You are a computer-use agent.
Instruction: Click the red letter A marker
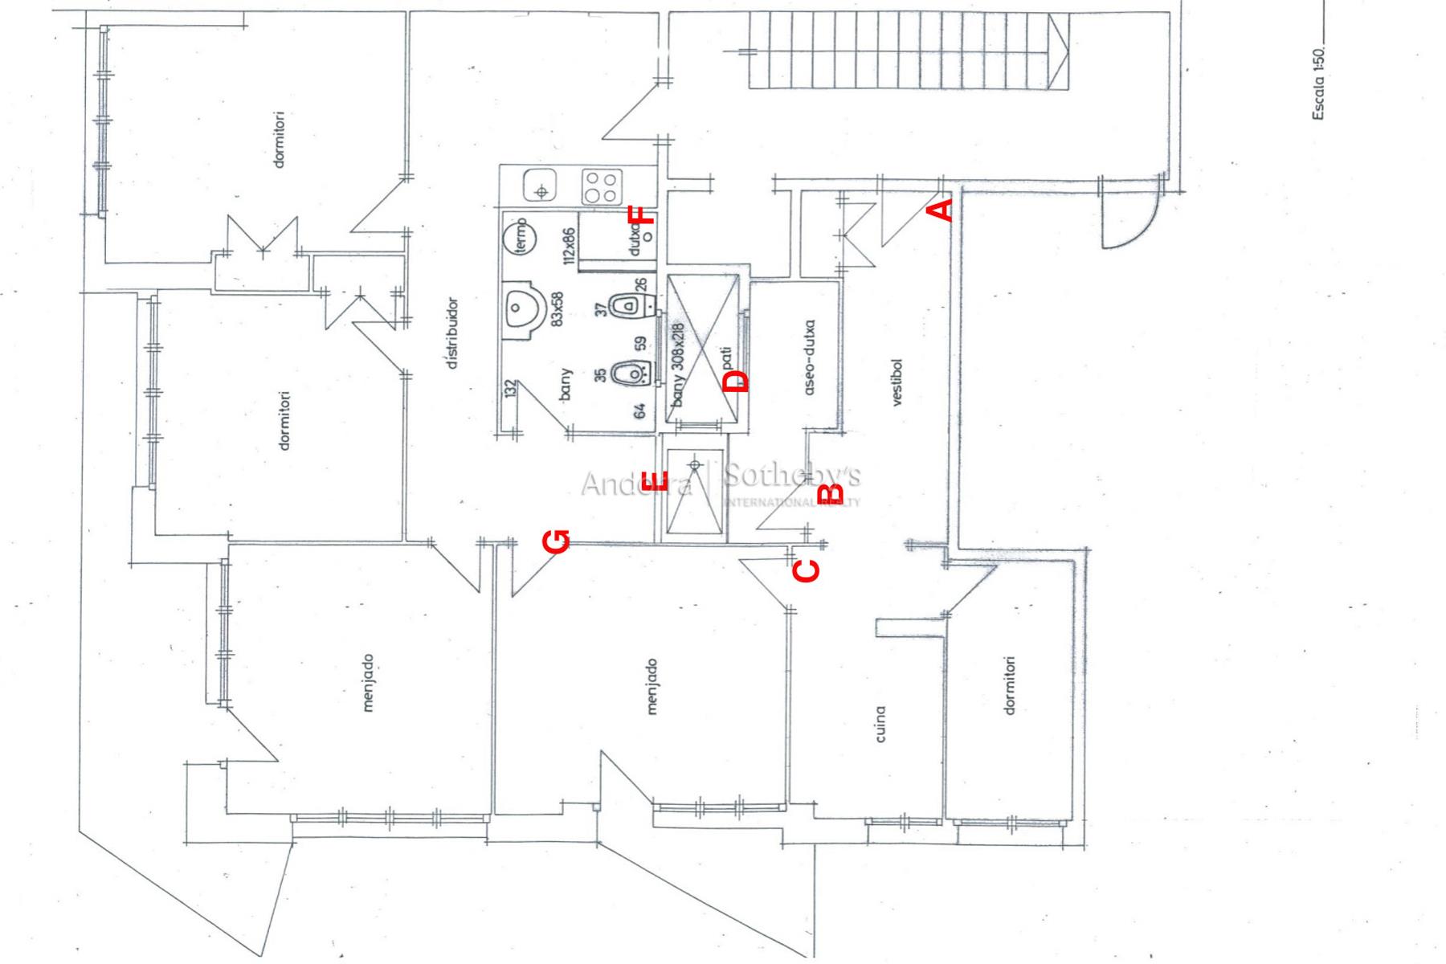click(x=941, y=210)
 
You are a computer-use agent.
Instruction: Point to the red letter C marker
click(x=807, y=570)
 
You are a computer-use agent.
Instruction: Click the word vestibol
click(x=897, y=382)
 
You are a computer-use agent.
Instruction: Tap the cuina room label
click(x=880, y=724)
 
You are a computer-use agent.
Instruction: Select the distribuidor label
click(x=453, y=333)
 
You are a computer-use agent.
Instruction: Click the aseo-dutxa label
click(x=809, y=357)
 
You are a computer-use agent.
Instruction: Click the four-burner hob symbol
click(x=601, y=187)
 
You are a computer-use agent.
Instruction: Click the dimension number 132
click(x=509, y=390)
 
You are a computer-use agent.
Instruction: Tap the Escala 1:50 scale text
click(x=1318, y=84)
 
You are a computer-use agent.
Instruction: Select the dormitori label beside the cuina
click(x=1010, y=685)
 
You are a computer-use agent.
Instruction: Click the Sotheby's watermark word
click(x=791, y=476)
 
